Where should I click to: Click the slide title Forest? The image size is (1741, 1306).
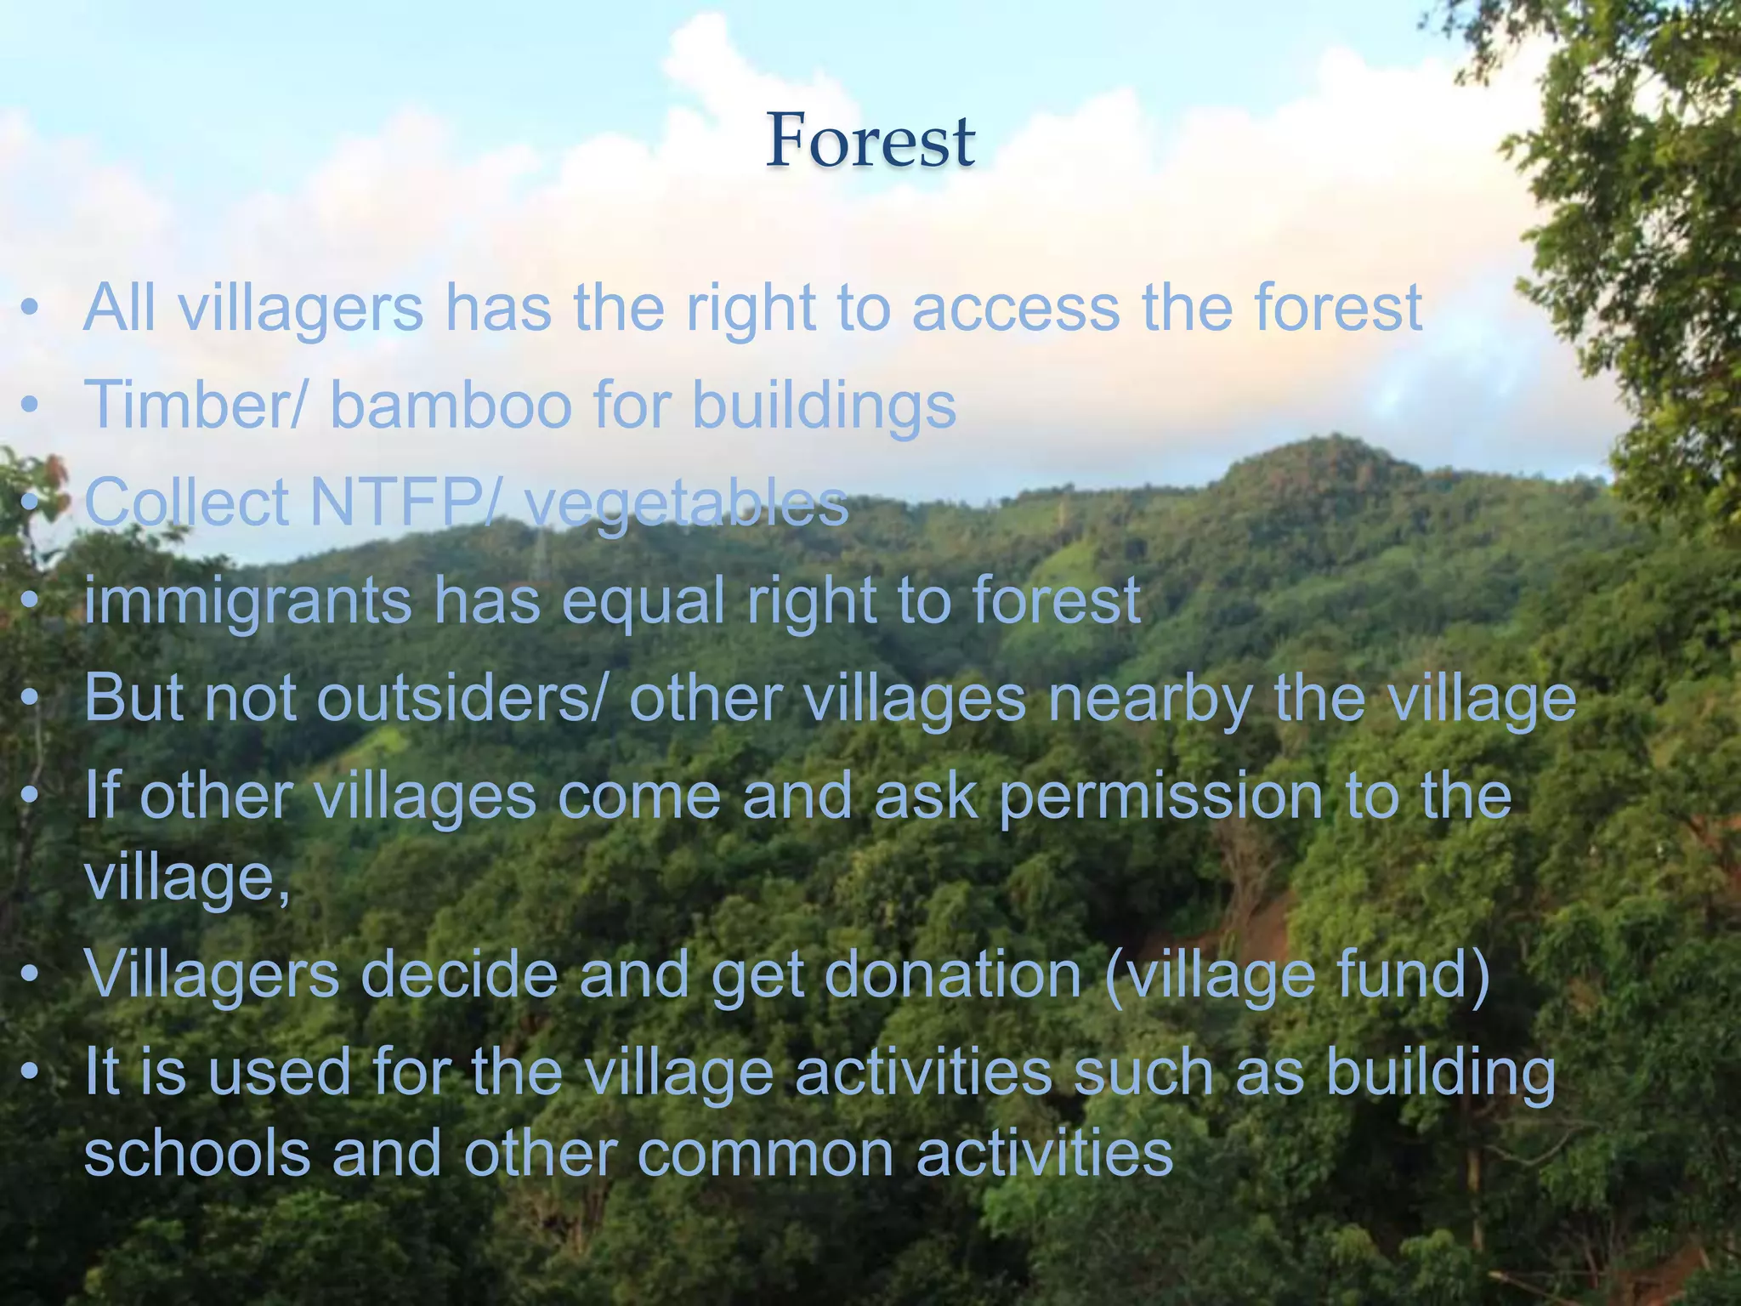click(x=870, y=141)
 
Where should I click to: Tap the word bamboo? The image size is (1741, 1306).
click(x=451, y=405)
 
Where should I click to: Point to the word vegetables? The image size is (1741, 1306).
click(x=686, y=504)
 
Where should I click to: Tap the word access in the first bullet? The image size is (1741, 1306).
click(x=1016, y=308)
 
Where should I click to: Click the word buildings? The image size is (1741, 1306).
click(x=824, y=406)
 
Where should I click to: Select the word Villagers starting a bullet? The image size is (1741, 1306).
click(x=212, y=977)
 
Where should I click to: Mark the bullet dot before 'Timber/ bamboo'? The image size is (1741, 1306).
click(x=31, y=406)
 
